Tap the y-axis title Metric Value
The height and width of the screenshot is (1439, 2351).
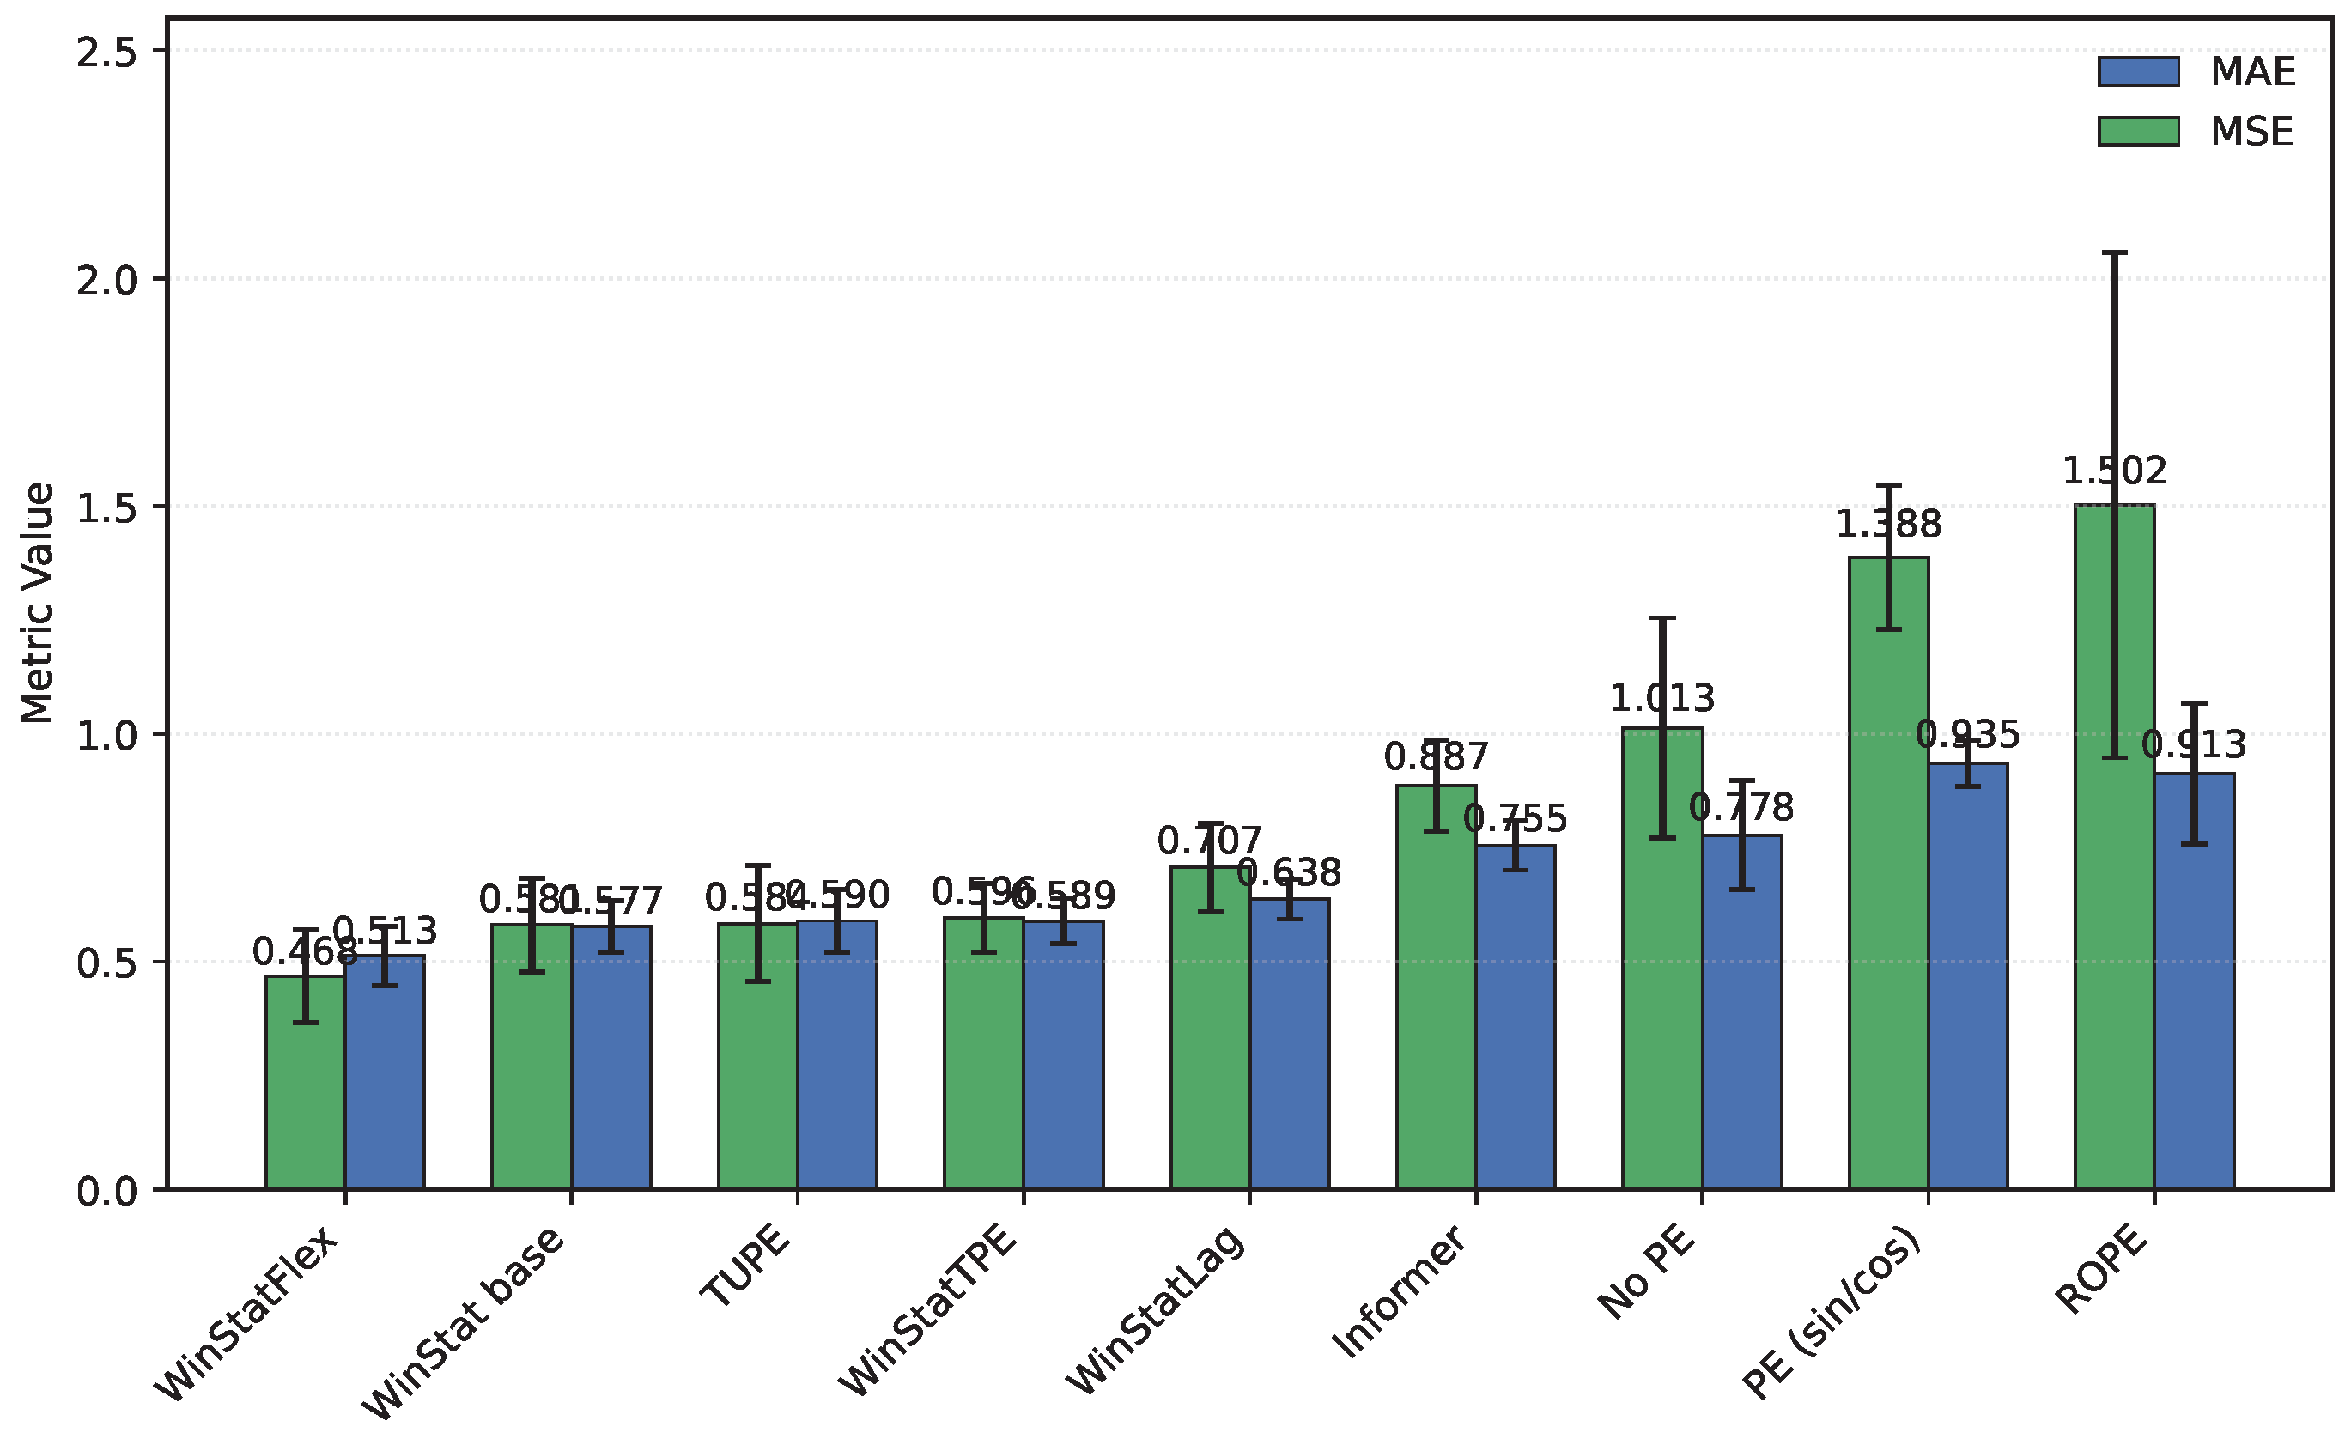(x=38, y=603)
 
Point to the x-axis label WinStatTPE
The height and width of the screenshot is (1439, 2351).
(x=927, y=1311)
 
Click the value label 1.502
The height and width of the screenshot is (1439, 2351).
(x=2113, y=471)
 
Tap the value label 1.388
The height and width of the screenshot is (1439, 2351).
(x=1888, y=525)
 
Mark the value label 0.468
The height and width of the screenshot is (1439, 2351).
(x=304, y=951)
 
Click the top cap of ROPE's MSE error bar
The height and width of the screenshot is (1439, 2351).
(x=2114, y=253)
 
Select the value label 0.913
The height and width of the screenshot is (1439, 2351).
(x=2194, y=745)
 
